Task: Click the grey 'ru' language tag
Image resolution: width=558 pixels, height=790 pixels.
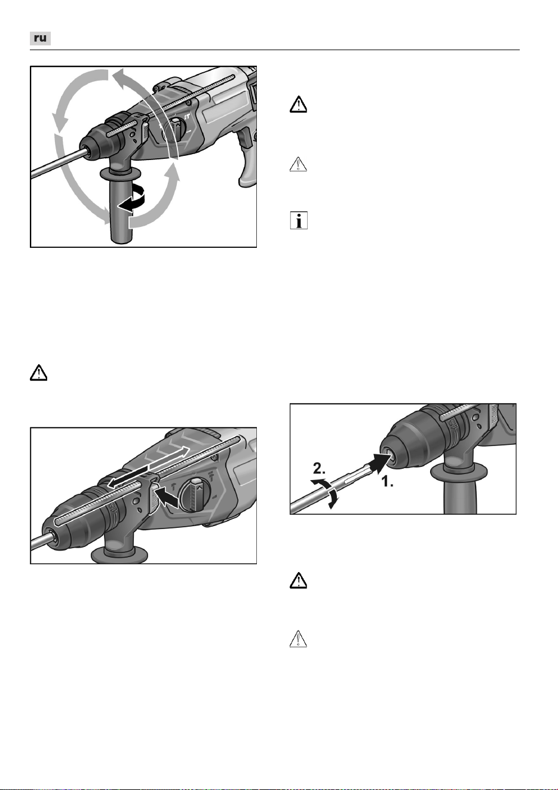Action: tap(40, 38)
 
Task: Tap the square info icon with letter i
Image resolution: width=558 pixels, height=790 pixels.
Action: tap(299, 220)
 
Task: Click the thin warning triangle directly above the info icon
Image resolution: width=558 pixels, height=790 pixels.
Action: tap(298, 164)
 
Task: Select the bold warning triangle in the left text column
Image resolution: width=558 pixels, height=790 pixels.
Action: tap(38, 373)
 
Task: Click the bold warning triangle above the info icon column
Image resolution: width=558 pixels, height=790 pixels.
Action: tap(298, 104)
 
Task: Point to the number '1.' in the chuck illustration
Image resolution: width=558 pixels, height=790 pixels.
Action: tap(388, 481)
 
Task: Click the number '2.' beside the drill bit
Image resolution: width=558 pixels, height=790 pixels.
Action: tap(319, 469)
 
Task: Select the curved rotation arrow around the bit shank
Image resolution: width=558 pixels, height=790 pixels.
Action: tap(326, 493)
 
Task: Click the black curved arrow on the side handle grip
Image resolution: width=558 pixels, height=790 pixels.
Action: tap(131, 199)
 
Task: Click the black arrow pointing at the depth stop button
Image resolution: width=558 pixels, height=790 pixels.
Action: tap(168, 498)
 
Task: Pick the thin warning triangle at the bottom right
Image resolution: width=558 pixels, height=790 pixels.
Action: tap(298, 639)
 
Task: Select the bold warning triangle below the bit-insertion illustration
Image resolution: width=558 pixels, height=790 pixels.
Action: tap(298, 580)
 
